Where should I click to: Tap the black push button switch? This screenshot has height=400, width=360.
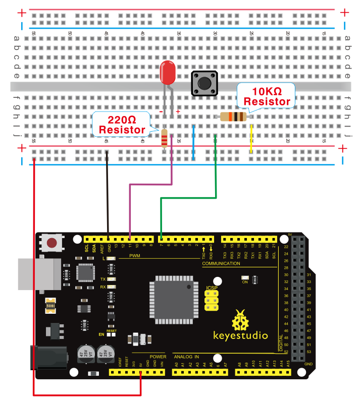click(204, 83)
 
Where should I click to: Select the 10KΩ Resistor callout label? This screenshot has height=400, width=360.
click(267, 95)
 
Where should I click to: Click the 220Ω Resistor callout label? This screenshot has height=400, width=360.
click(122, 124)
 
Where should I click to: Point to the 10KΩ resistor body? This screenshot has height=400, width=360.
click(233, 117)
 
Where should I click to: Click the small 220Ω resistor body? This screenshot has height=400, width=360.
click(164, 138)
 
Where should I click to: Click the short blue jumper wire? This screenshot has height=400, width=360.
click(193, 143)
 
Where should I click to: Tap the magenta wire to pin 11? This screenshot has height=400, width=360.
click(151, 185)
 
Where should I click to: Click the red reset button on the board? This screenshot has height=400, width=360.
click(52, 243)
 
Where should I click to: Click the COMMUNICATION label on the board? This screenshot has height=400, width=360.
click(221, 263)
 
